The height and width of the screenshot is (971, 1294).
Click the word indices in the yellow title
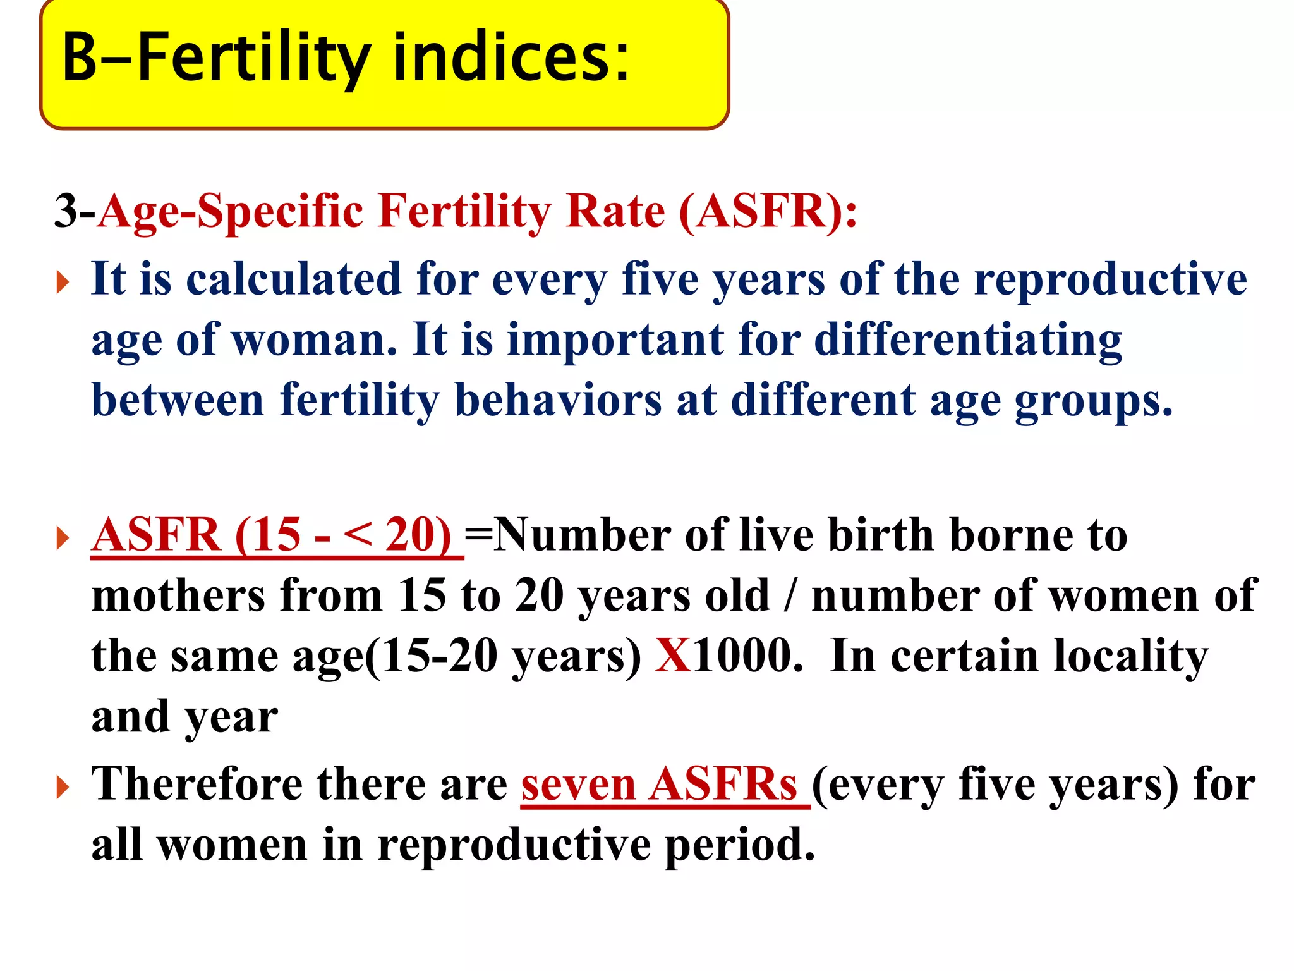pyautogui.click(x=512, y=58)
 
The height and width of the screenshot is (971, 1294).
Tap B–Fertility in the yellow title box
pyautogui.click(x=215, y=58)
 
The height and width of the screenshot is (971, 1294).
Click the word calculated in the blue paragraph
pyautogui.click(x=294, y=279)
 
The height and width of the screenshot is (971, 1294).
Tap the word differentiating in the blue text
pyautogui.click(x=967, y=341)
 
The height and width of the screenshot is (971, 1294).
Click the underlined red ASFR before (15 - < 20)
pyautogui.click(x=156, y=535)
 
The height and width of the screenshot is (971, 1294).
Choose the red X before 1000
pyautogui.click(x=673, y=656)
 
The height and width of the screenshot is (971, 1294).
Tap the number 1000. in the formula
pyautogui.click(x=748, y=656)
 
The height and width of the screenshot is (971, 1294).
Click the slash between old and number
pyautogui.click(x=789, y=595)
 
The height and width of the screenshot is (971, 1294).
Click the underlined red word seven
pyautogui.click(x=577, y=785)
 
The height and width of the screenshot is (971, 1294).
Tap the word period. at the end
pyautogui.click(x=740, y=845)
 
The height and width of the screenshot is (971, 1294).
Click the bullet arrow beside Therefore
pyautogui.click(x=62, y=787)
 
